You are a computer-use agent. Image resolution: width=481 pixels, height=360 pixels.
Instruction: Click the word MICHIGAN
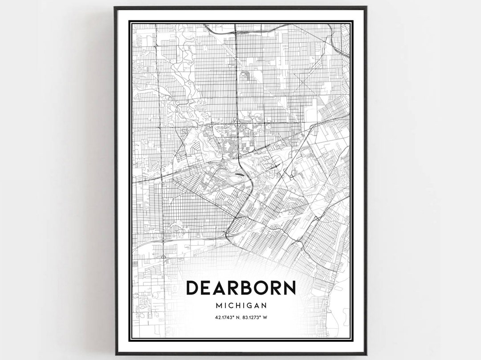point(241,306)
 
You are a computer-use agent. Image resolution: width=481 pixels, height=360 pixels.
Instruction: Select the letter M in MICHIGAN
point(218,306)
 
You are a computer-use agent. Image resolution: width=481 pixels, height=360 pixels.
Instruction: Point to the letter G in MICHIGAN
point(249,306)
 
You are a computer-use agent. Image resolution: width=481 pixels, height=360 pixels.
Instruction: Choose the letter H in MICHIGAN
point(237,306)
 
